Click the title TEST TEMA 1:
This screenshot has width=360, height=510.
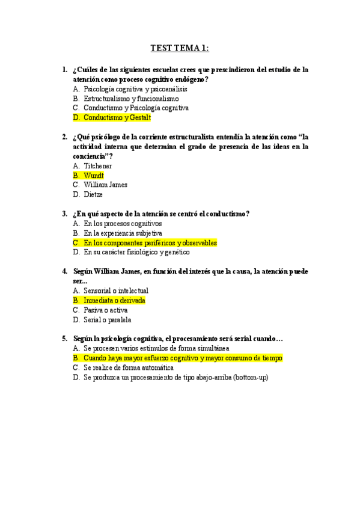(179, 48)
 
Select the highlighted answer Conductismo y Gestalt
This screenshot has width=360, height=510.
(118, 117)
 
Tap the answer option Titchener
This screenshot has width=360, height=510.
(98, 165)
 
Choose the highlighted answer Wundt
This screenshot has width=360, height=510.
(94, 175)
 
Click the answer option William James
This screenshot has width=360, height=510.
(106, 185)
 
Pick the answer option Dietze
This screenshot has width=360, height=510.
(93, 194)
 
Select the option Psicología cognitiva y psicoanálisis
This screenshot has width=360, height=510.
(127, 88)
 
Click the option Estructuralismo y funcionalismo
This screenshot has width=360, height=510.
(131, 98)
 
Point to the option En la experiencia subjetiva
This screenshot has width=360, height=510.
(123, 233)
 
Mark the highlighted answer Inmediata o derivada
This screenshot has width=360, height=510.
(114, 300)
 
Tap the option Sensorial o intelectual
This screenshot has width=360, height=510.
(116, 290)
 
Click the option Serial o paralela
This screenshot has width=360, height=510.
(108, 319)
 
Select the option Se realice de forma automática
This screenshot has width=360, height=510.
(129, 367)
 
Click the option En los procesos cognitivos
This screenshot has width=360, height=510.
(123, 223)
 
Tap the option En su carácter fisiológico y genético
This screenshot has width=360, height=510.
(136, 252)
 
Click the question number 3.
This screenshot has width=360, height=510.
(64, 214)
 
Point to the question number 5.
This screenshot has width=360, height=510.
(64, 339)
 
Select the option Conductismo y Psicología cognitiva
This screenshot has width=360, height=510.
(136, 108)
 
